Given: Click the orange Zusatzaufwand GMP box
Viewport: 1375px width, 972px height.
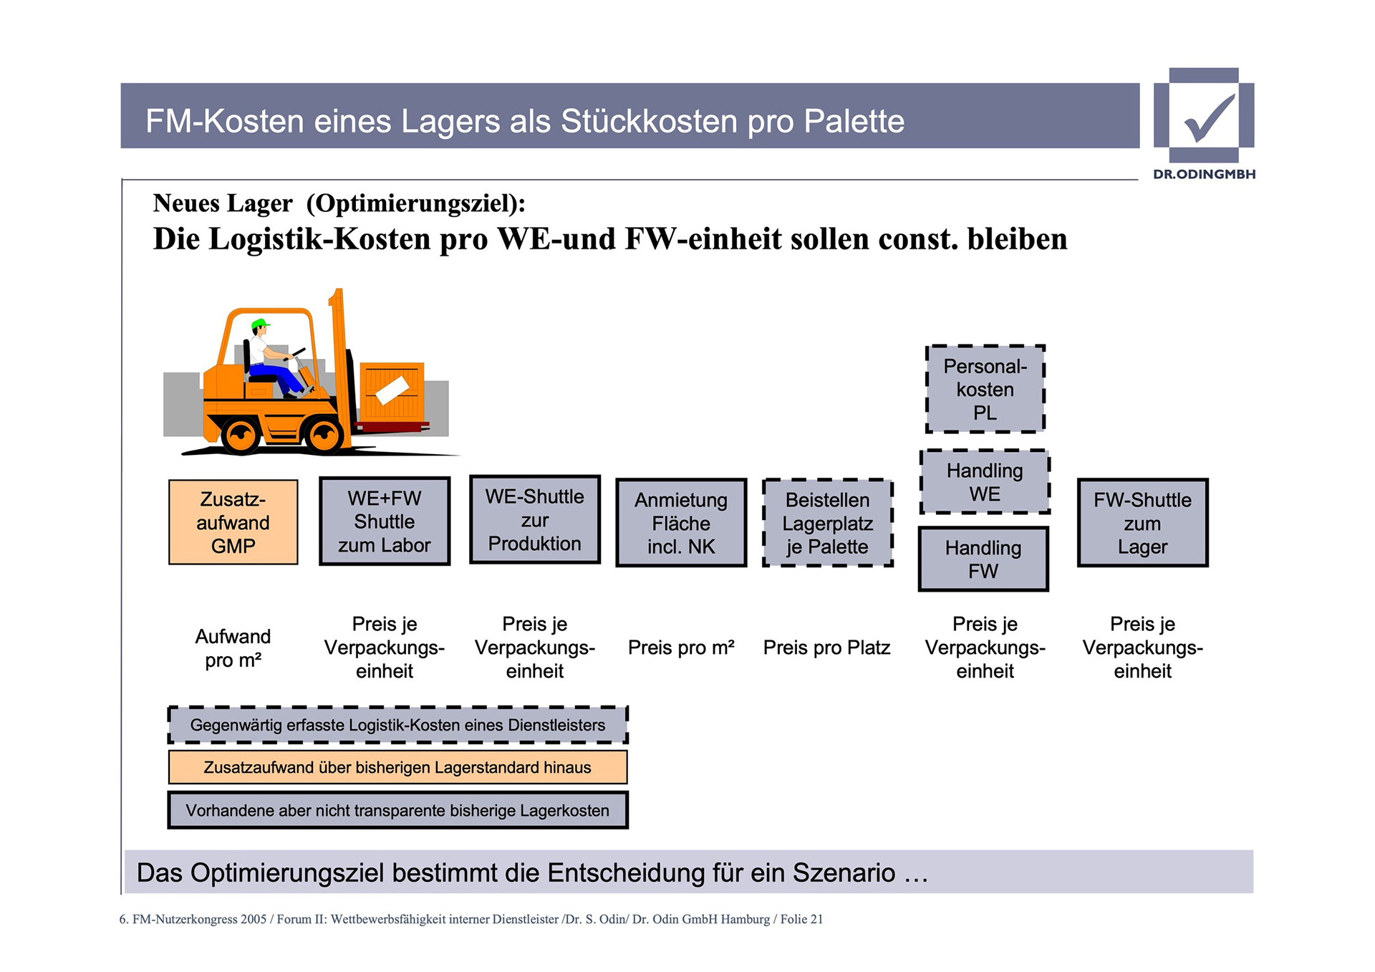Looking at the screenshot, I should [x=233, y=522].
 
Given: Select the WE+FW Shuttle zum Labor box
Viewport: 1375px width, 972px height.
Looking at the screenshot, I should [x=385, y=521].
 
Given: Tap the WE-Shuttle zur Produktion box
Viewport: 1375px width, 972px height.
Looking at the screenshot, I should [x=535, y=520].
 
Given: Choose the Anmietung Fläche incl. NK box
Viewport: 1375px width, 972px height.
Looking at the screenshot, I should [x=681, y=523].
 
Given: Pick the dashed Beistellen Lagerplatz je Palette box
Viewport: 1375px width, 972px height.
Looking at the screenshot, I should [x=828, y=523].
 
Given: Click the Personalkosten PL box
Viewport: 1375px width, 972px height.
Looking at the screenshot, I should [x=985, y=389].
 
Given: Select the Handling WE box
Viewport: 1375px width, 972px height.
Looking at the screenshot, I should [x=985, y=482].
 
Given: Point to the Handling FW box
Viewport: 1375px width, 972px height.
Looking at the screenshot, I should [x=983, y=559].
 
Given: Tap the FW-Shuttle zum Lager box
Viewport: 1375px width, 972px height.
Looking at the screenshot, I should [x=1142, y=523].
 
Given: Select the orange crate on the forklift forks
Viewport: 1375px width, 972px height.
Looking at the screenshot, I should [x=392, y=391].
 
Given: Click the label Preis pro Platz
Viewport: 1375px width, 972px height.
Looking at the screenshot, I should [x=826, y=648].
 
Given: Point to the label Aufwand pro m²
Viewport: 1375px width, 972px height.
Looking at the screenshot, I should [x=233, y=648].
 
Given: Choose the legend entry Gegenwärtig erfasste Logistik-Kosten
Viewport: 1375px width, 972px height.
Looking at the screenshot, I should [x=397, y=725].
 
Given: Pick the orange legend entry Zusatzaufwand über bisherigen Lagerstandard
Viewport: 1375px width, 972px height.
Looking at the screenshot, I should [x=397, y=767].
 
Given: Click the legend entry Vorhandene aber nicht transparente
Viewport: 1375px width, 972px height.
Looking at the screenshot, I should [x=397, y=810].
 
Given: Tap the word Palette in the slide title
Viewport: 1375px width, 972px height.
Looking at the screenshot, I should [x=854, y=121].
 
